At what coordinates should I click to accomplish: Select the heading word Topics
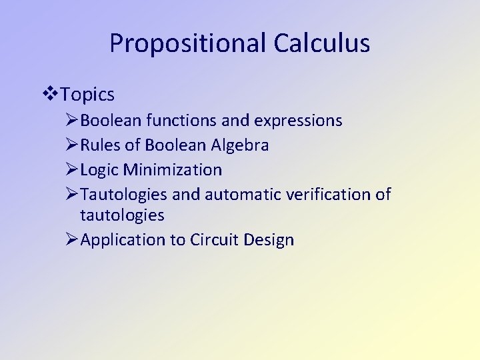(87, 95)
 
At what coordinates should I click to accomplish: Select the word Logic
(101, 170)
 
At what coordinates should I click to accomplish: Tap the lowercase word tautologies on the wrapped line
(122, 215)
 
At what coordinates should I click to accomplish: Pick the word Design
(269, 241)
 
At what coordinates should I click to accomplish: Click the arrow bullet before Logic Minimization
(73, 170)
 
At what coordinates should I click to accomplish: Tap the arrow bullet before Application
(73, 240)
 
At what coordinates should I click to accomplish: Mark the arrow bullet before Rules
(73, 145)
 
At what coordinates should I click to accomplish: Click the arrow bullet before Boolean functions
(73, 121)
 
